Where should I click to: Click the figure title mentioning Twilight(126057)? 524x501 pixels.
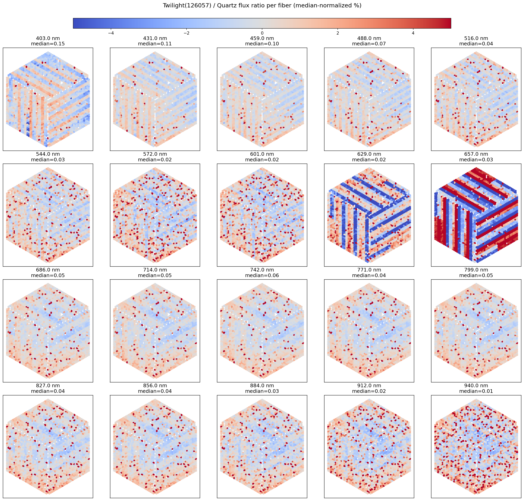tap(262, 6)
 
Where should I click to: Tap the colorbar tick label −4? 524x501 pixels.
tap(111, 33)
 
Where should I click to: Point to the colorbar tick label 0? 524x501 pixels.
tap(262, 33)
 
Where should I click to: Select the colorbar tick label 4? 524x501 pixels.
tap(413, 33)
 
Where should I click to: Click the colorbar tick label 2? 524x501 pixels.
tap(338, 33)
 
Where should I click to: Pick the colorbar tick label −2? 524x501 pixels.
tap(186, 33)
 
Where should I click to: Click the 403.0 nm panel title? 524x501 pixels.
tap(48, 38)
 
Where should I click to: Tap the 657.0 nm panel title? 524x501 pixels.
tap(476, 154)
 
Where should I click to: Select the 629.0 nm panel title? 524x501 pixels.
tap(369, 154)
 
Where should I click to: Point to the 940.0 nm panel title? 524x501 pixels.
tap(476, 386)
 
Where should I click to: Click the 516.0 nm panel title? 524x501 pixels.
tap(476, 38)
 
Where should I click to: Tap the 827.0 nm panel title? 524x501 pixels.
tap(48, 386)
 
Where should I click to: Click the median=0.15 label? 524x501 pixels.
tap(48, 44)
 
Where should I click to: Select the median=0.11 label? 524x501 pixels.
tap(155, 44)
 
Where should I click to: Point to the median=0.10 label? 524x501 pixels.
tap(262, 44)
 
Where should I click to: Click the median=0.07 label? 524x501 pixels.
tap(369, 44)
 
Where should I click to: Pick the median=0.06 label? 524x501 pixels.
tap(262, 275)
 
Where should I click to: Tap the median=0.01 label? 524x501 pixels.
tap(476, 391)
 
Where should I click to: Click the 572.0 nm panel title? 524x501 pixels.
tap(155, 154)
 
